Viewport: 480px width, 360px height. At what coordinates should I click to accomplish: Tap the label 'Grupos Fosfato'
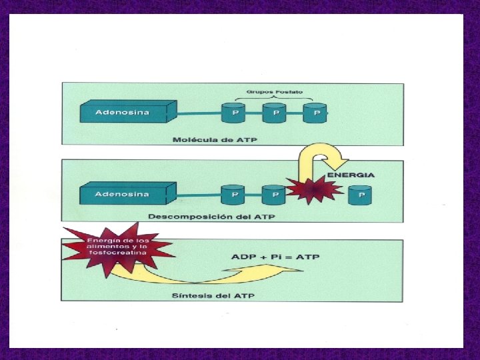click(x=274, y=91)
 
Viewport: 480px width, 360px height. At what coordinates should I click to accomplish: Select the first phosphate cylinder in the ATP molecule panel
click(x=234, y=113)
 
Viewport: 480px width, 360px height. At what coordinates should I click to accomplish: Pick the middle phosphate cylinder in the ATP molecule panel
click(x=275, y=113)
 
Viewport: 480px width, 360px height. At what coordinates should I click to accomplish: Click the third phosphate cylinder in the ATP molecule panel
click(x=315, y=113)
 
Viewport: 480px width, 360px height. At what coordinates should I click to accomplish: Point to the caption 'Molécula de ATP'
click(x=214, y=140)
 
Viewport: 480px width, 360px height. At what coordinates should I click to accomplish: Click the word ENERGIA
click(x=351, y=175)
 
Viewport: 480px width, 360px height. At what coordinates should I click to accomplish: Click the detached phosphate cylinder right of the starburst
click(x=361, y=195)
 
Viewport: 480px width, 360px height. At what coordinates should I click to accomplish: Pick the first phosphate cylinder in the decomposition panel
click(x=234, y=195)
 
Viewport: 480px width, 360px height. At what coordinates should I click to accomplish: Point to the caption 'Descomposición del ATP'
click(x=211, y=217)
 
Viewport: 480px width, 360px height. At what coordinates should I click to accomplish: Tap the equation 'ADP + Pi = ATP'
click(x=266, y=257)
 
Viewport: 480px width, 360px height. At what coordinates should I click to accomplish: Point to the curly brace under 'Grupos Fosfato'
click(x=274, y=98)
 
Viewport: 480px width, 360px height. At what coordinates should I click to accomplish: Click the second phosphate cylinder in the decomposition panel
click(x=273, y=195)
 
